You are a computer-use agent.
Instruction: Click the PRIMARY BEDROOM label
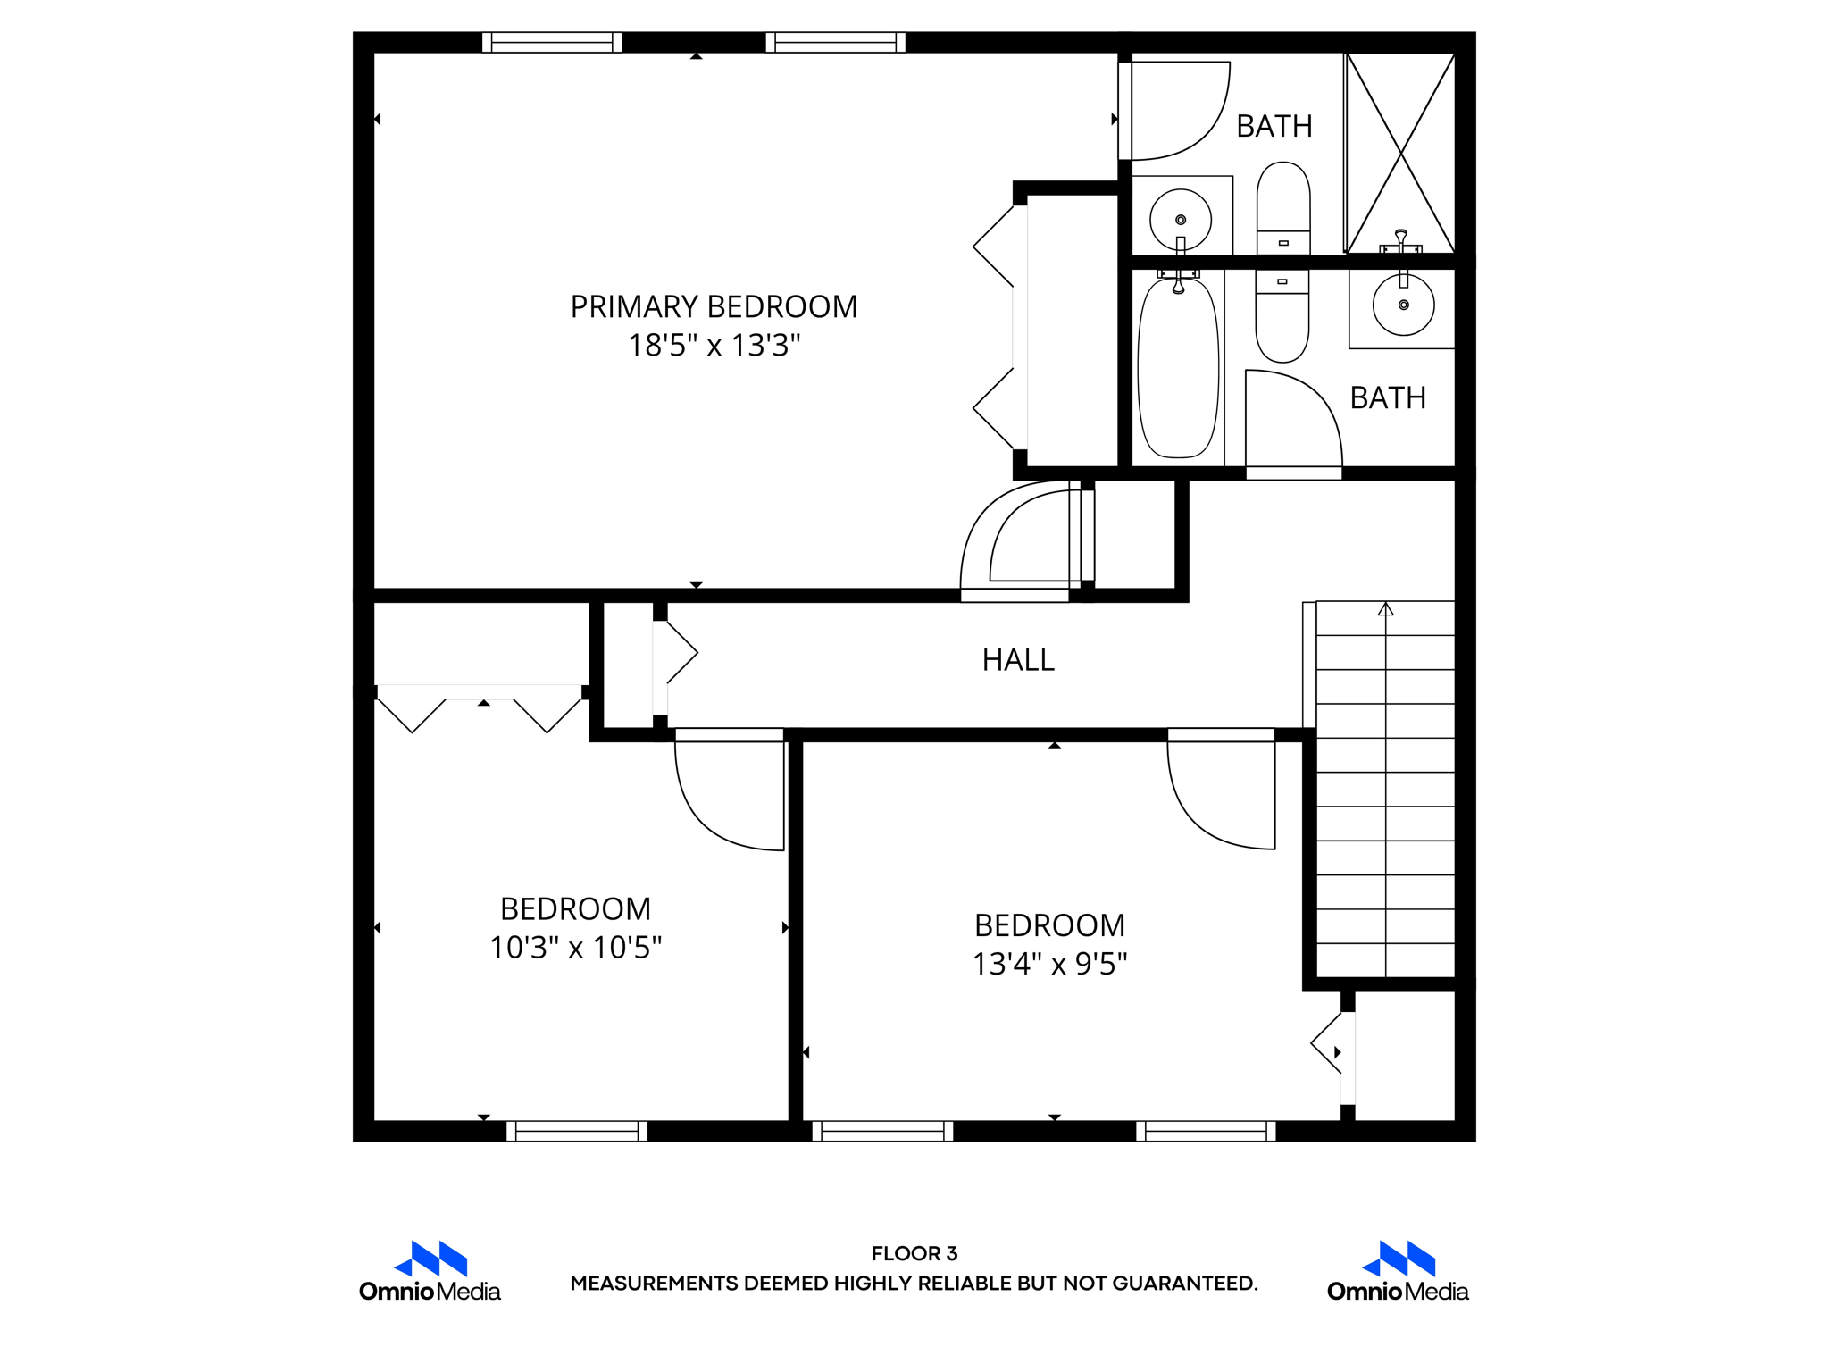[714, 306]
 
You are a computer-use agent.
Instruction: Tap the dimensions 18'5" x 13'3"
[714, 346]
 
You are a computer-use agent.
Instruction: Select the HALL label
[1018, 660]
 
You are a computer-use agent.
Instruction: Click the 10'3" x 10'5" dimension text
[575, 948]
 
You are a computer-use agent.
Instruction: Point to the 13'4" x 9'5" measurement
[1049, 965]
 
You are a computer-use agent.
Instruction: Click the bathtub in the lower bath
[1178, 368]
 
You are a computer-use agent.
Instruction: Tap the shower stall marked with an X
[1400, 153]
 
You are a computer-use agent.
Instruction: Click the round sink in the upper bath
[1180, 220]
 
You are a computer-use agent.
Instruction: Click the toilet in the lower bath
[1282, 317]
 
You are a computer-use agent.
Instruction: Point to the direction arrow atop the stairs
[1385, 610]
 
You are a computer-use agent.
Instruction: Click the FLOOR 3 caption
[914, 1253]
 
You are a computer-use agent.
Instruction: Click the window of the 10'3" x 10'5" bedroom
[577, 1131]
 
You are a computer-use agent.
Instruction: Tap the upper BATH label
[1274, 127]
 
